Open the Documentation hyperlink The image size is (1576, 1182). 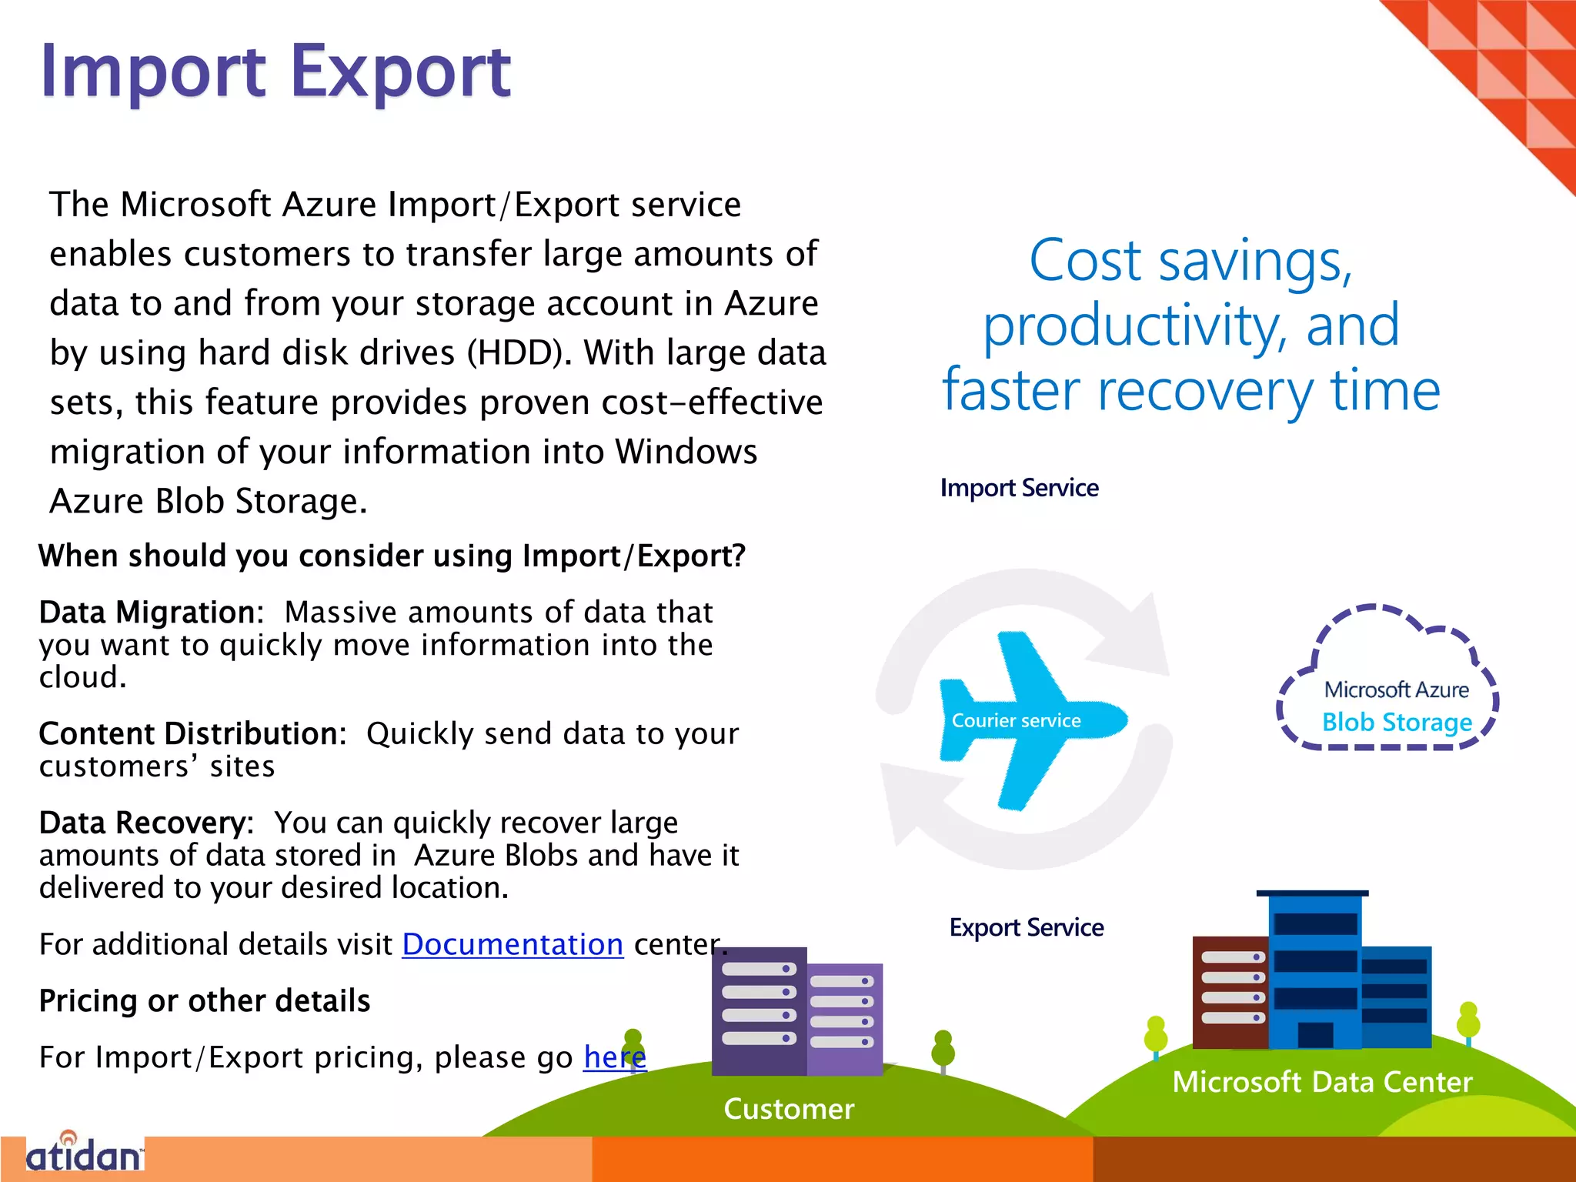point(513,944)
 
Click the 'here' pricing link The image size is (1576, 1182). point(614,1057)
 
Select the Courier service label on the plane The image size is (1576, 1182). point(1016,721)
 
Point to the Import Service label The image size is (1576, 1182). point(1019,488)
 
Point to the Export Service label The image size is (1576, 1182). point(1026,928)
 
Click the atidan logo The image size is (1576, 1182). point(85,1155)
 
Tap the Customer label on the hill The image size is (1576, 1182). point(789,1109)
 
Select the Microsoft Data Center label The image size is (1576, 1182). point(1321,1082)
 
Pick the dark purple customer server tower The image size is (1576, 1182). point(759,1010)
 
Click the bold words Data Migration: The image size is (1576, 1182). point(151,613)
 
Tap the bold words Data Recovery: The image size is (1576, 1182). point(146,823)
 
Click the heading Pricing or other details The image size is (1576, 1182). point(205,1001)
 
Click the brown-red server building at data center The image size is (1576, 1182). point(1230,993)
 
